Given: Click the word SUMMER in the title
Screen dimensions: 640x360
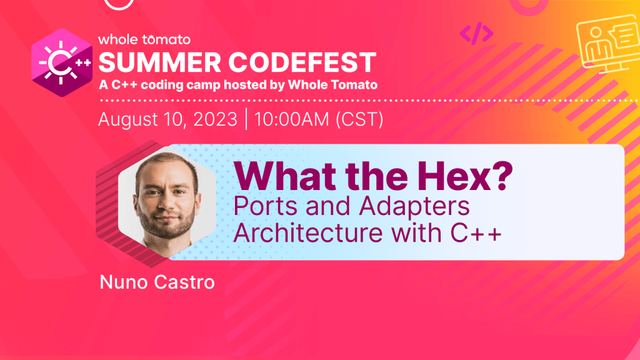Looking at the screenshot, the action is click(159, 62).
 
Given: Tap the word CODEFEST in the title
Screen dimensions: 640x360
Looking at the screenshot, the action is click(302, 62).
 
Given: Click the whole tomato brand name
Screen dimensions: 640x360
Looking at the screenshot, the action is click(144, 39).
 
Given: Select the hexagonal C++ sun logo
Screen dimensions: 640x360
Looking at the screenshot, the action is click(62, 62).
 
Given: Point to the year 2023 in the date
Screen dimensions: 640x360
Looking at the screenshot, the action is click(215, 119).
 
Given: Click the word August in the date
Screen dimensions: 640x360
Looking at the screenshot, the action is click(128, 119).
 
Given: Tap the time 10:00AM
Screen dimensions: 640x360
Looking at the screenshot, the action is click(292, 119).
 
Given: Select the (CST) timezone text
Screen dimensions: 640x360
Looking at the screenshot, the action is click(359, 119).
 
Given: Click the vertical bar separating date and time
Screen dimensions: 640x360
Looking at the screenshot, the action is click(246, 119).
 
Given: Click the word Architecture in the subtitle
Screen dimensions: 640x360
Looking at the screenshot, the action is click(308, 232).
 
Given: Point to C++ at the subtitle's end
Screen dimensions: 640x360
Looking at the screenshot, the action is click(476, 232).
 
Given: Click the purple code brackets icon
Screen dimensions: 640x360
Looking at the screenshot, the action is click(476, 34).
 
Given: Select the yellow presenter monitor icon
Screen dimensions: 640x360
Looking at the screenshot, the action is click(607, 44).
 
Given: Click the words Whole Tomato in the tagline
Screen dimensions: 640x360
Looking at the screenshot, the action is click(332, 84).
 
